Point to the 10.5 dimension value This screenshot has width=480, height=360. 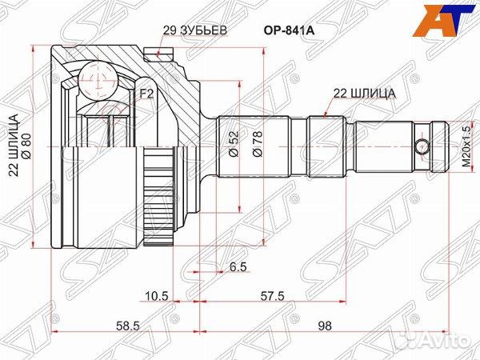point(156,295)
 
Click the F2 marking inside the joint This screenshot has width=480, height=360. point(146,94)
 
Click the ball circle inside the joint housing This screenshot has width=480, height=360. point(97,79)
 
